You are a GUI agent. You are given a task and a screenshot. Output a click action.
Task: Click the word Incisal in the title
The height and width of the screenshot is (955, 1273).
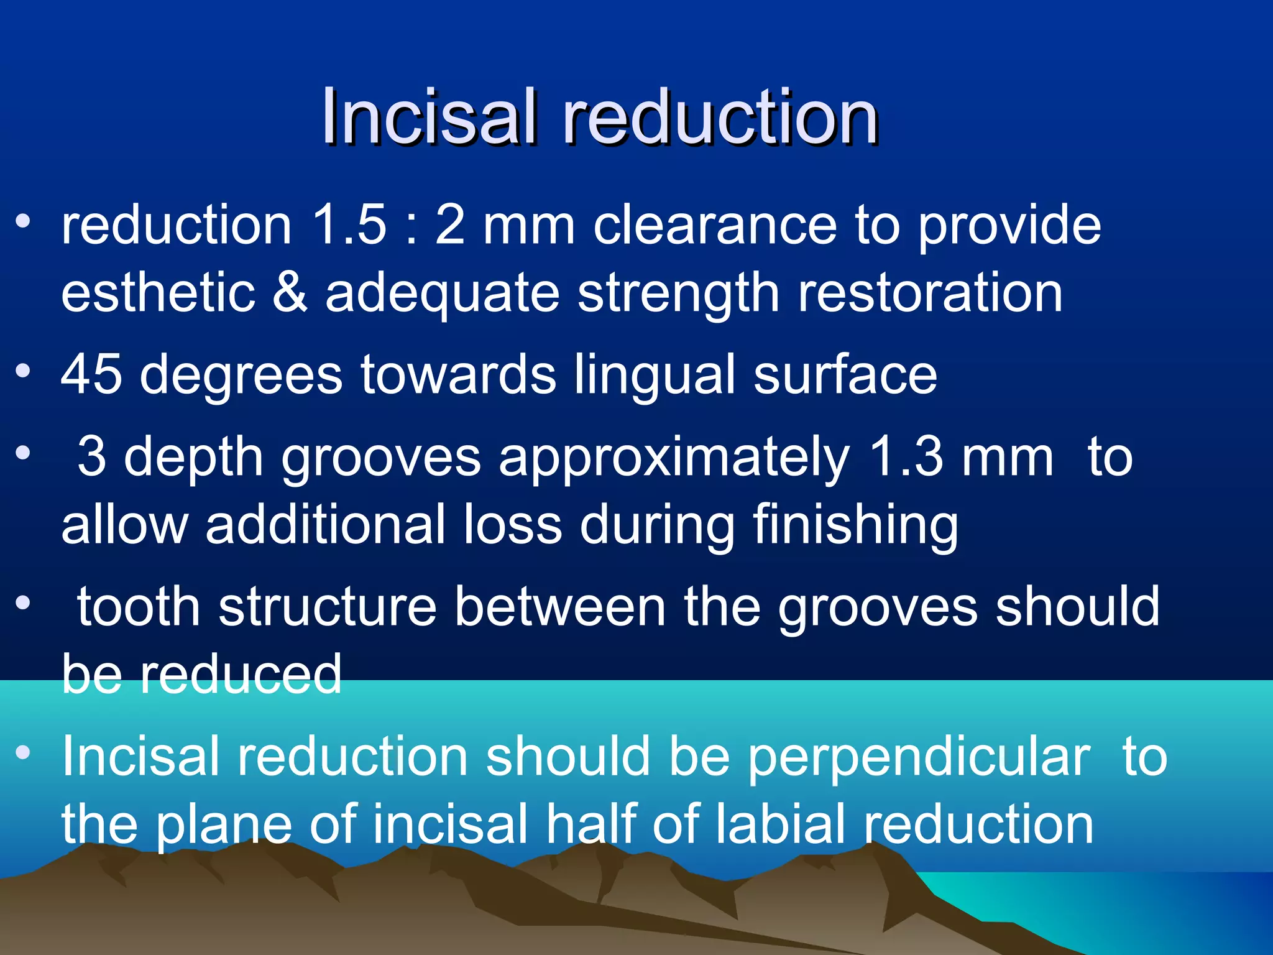(428, 116)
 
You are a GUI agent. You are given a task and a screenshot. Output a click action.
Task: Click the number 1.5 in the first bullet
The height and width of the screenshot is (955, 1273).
(349, 224)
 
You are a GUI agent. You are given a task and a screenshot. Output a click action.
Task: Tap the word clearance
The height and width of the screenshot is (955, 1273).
(715, 224)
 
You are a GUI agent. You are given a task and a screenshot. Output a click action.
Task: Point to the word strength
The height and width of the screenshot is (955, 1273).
(679, 293)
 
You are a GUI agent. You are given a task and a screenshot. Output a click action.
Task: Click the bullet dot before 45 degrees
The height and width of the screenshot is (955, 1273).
(23, 371)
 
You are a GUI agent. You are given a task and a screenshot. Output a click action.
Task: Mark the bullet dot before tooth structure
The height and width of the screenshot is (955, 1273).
(23, 603)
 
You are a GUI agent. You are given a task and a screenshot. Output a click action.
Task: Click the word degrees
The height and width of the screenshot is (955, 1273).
(241, 376)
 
